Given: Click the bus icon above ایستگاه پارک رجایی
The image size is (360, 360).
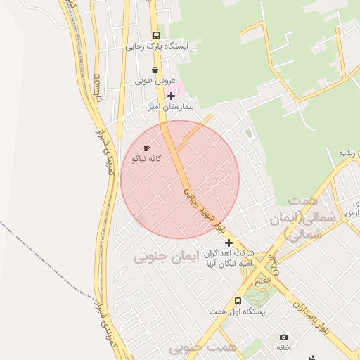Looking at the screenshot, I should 155,35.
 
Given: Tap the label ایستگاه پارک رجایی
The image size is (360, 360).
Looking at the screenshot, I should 157,47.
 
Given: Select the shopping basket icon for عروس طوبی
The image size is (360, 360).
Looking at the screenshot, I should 155,70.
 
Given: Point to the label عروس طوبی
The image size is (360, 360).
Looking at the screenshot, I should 155,82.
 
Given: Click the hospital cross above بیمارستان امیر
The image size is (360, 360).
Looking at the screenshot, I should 171,95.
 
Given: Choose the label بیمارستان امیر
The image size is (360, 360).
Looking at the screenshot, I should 170,108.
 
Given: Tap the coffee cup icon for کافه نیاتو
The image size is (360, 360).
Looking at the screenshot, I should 146,148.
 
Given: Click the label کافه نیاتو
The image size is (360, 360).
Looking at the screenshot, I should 146,159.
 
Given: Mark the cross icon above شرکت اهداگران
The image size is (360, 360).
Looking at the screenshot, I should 229,242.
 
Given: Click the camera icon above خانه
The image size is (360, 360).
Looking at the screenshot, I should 283,337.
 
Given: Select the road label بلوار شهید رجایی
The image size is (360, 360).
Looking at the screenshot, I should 204,210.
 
